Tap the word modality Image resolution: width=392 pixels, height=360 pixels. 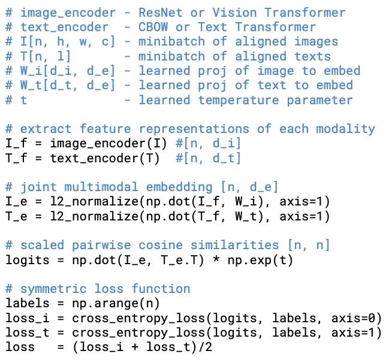tap(346, 129)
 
